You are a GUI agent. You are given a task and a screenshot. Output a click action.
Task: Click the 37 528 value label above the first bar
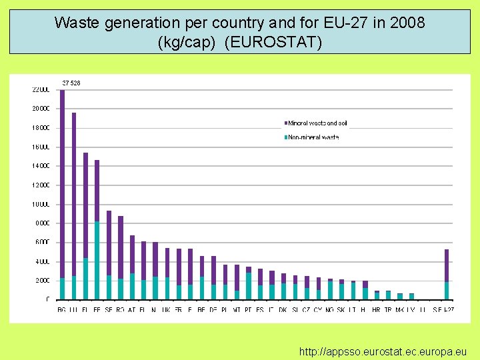click(x=71, y=83)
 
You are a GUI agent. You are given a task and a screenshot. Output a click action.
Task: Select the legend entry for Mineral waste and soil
click(x=317, y=123)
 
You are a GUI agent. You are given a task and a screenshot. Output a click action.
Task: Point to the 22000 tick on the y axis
click(x=41, y=89)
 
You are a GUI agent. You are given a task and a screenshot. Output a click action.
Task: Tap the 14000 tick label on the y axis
click(x=41, y=165)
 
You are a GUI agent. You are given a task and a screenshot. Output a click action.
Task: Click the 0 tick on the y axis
click(x=47, y=300)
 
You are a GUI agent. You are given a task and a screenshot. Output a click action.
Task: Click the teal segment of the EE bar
click(x=97, y=260)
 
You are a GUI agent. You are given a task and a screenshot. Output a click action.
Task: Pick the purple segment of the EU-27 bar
click(x=447, y=265)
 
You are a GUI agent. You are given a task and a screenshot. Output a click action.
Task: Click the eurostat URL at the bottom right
click(x=383, y=351)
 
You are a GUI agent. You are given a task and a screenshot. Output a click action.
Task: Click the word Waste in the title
click(x=74, y=23)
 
